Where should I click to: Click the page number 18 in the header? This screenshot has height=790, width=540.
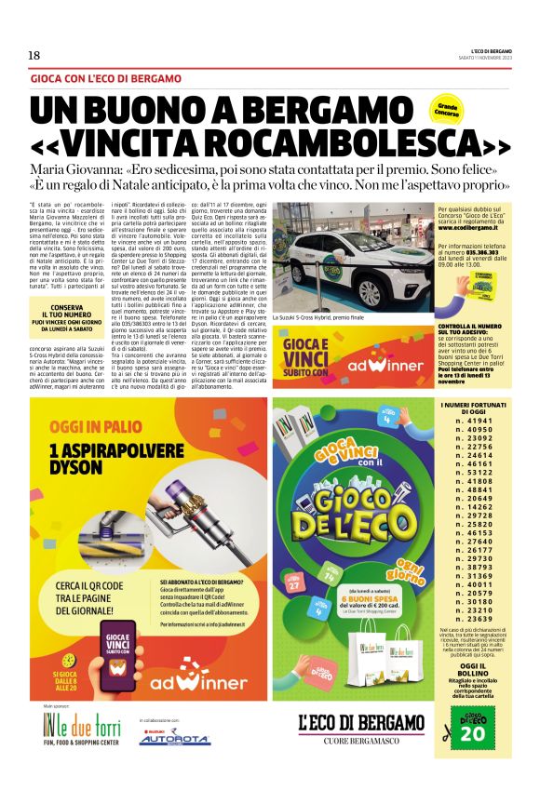point(34,55)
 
